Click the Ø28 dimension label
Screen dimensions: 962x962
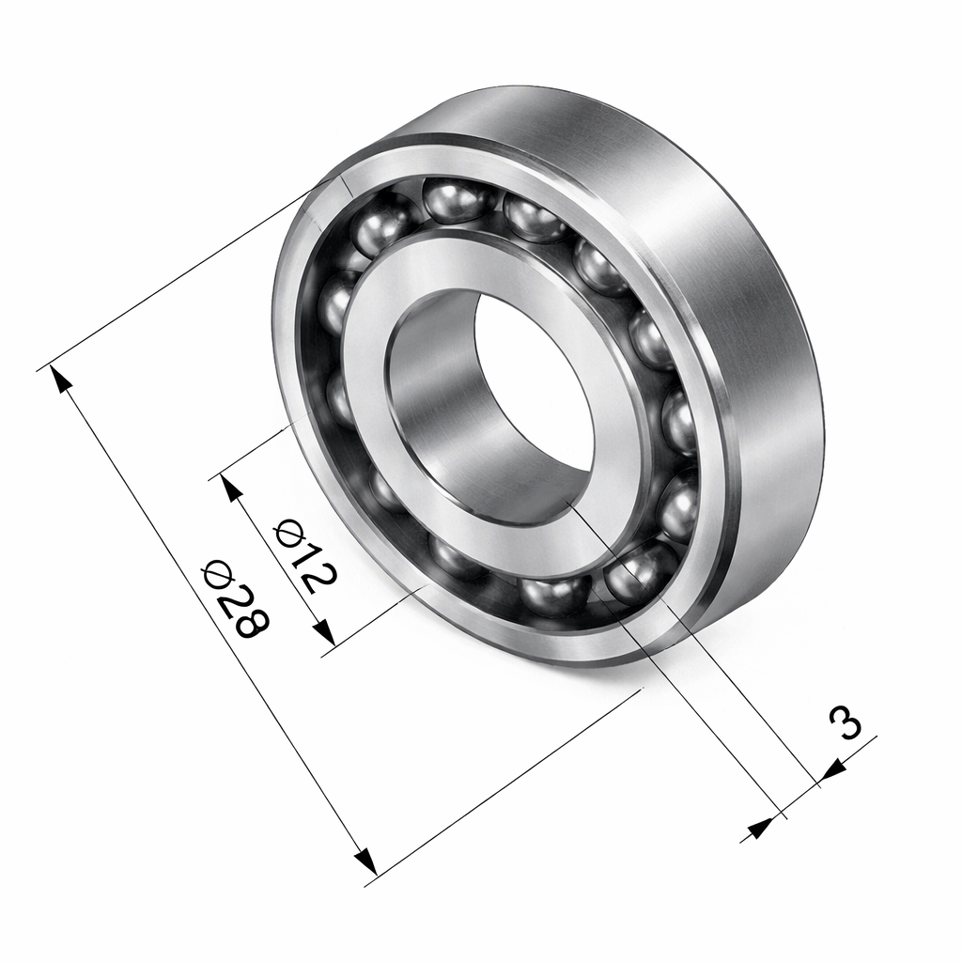[236, 598]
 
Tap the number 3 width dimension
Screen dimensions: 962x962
[845, 723]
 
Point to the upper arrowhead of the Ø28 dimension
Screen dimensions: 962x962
[61, 379]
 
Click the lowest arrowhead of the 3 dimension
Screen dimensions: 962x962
[758, 829]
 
